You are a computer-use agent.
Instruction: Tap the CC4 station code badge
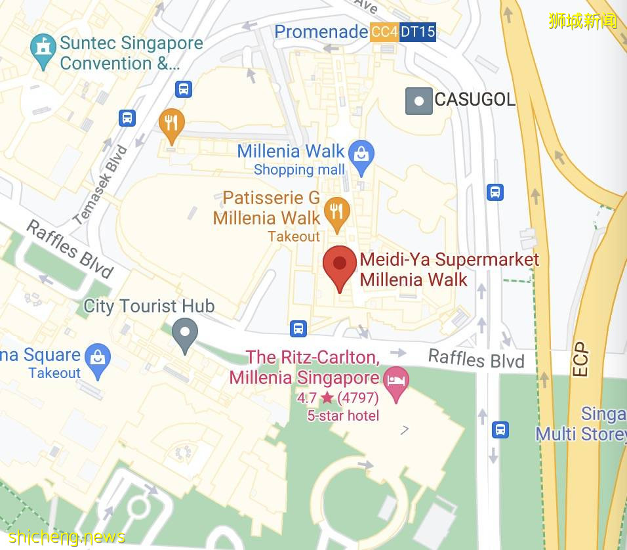pyautogui.click(x=384, y=32)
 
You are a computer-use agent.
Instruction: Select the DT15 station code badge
pyautogui.click(x=418, y=32)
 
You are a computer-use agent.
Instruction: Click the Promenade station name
pyautogui.click(x=321, y=32)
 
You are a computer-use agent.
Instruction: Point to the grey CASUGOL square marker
pyautogui.click(x=418, y=100)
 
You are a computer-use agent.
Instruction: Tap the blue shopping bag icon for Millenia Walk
pyautogui.click(x=361, y=155)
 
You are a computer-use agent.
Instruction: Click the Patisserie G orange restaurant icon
pyautogui.click(x=336, y=212)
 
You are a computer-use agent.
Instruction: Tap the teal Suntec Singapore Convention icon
pyautogui.click(x=43, y=49)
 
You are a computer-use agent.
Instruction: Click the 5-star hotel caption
pyautogui.click(x=343, y=415)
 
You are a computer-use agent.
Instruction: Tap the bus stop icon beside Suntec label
pyautogui.click(x=184, y=89)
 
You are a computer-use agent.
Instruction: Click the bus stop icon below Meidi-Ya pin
pyautogui.click(x=298, y=328)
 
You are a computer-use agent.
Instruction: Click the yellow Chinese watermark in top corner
pyautogui.click(x=582, y=21)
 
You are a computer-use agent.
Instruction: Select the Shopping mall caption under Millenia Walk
pyautogui.click(x=299, y=169)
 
